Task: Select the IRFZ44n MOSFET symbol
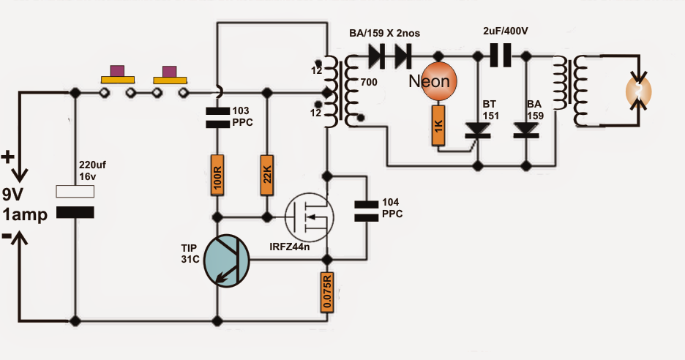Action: click(x=309, y=217)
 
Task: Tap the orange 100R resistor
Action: click(x=217, y=175)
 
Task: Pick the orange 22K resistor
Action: click(x=267, y=175)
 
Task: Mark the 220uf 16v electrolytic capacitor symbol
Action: click(x=75, y=202)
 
